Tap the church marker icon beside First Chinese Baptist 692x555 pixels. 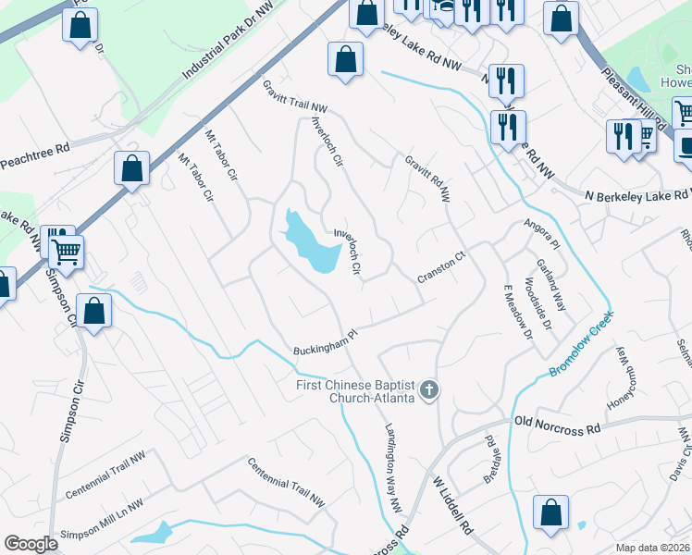(428, 391)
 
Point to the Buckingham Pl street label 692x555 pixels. (325, 344)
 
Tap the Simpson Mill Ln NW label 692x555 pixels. (102, 532)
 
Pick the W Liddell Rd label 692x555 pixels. (453, 507)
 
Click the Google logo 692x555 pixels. (31, 544)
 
